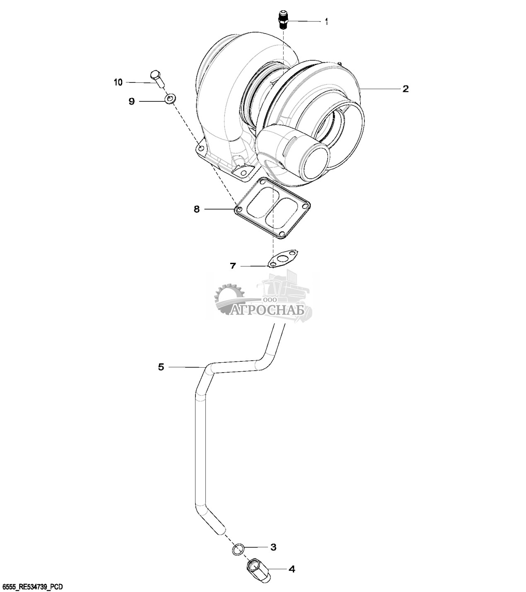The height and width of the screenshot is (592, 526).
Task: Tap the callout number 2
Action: [x=405, y=89]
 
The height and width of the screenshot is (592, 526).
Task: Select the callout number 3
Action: [x=273, y=547]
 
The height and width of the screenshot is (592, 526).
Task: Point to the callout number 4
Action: [x=292, y=569]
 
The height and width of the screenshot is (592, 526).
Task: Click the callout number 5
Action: [x=161, y=366]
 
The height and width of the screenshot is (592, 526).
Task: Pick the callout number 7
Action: [x=233, y=266]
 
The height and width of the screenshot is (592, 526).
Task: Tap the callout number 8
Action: [x=197, y=209]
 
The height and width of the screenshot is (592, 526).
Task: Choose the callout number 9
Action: [x=132, y=101]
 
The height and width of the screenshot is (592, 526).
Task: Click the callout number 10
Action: [x=118, y=82]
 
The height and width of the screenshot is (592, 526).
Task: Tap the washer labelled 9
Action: [x=170, y=99]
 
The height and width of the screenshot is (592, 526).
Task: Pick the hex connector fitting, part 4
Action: [x=258, y=570]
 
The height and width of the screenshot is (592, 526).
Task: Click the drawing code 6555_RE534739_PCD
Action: [x=33, y=587]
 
